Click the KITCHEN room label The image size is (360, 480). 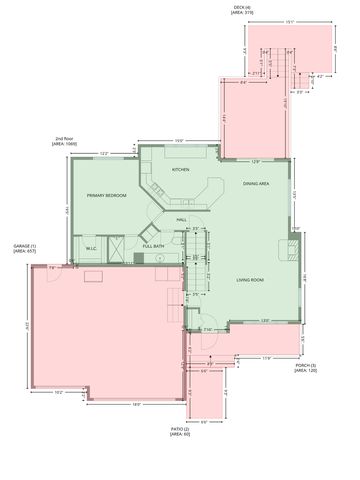[180, 170]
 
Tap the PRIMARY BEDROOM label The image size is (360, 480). [106, 196]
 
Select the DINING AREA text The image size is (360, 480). [257, 184]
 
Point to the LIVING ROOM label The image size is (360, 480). [251, 280]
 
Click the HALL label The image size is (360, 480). [182, 219]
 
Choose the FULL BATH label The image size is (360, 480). [153, 246]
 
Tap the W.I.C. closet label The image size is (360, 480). [90, 248]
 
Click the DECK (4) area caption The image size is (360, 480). [241, 9]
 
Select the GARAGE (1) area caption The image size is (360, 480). [25, 248]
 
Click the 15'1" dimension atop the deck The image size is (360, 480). [288, 20]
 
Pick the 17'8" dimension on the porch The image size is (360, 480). [267, 357]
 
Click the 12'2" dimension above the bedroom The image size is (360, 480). [104, 153]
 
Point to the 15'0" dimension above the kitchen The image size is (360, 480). [178, 140]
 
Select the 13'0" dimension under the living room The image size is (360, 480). [264, 320]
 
